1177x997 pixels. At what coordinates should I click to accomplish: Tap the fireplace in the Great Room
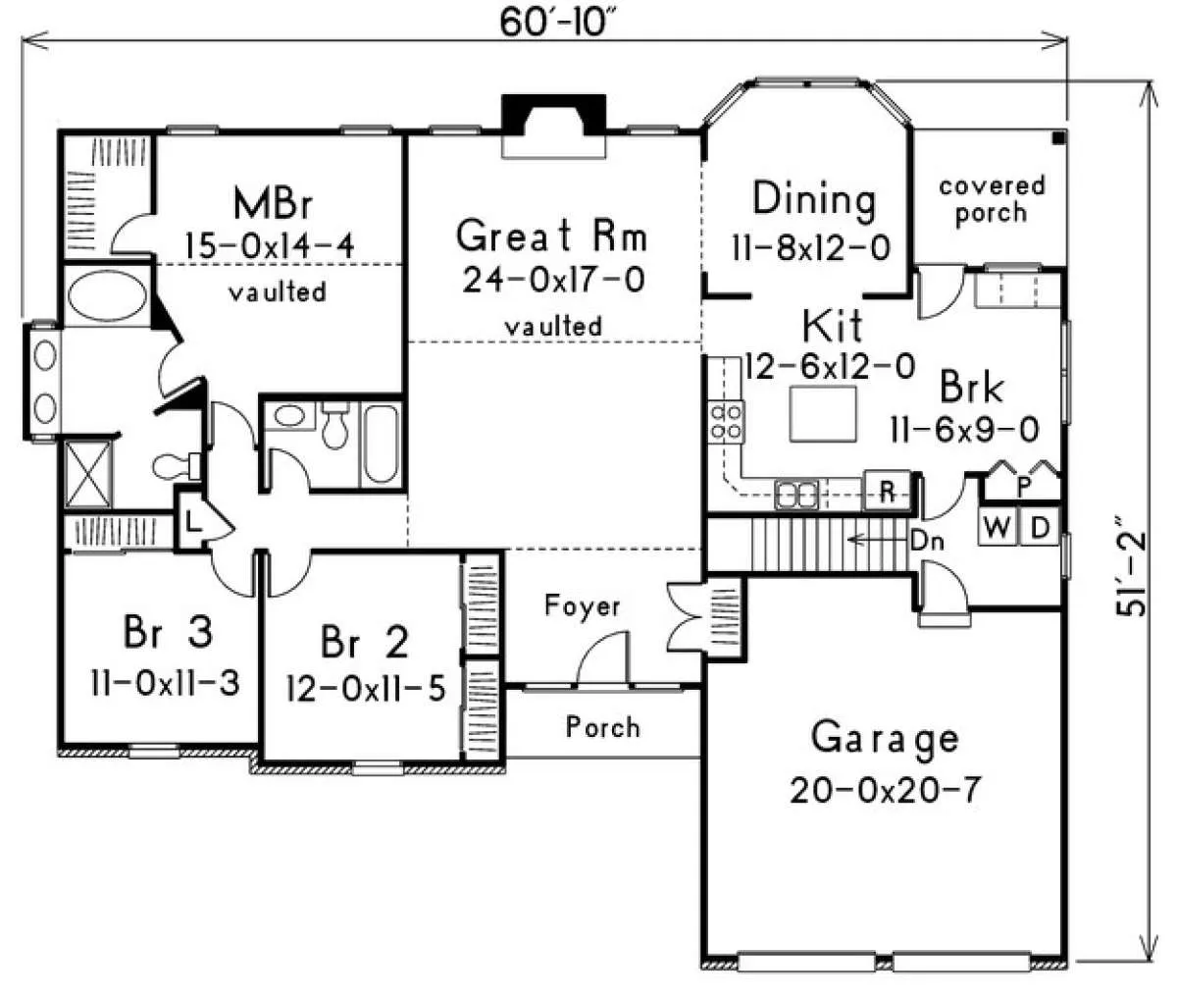[553, 127]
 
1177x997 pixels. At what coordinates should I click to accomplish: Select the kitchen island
[823, 413]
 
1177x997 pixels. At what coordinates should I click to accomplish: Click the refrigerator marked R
[887, 490]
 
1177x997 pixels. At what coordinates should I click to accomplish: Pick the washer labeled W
[998, 528]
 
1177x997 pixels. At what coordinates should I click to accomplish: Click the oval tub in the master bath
[107, 295]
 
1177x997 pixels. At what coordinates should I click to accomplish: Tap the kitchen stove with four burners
[726, 422]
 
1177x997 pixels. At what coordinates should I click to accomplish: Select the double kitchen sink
[796, 495]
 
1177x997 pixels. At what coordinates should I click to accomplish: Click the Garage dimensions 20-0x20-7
[885, 791]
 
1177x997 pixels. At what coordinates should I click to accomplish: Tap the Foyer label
[582, 605]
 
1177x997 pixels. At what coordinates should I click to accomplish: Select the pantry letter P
[1024, 487]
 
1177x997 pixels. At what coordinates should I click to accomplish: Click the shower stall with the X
[88, 473]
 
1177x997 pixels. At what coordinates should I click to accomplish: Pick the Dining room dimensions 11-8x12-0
[811, 248]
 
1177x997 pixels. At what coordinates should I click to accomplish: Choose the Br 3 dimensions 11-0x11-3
[165, 683]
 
